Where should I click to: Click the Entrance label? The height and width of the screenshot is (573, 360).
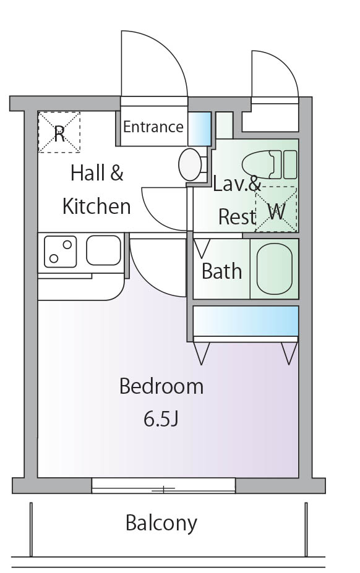pyautogui.click(x=153, y=127)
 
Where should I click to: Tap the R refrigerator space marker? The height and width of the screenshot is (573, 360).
pyautogui.click(x=59, y=132)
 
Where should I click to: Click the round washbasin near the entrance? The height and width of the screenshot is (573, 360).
pyautogui.click(x=189, y=164)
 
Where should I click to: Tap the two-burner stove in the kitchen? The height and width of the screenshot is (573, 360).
pyautogui.click(x=60, y=251)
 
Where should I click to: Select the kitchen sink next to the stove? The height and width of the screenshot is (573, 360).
pyautogui.click(x=103, y=250)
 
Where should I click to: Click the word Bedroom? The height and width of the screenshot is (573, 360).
pyautogui.click(x=161, y=386)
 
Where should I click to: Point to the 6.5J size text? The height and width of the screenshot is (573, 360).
pyautogui.click(x=161, y=419)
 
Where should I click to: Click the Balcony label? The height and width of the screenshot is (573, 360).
pyautogui.click(x=161, y=523)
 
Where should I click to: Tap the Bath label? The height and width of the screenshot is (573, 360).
pyautogui.click(x=221, y=271)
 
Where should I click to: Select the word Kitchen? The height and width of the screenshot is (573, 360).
pyautogui.click(x=96, y=206)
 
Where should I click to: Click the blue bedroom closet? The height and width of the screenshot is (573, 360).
pyautogui.click(x=246, y=321)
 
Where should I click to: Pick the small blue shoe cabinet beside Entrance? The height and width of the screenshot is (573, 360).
pyautogui.click(x=199, y=127)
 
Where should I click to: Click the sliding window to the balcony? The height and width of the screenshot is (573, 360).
pyautogui.click(x=163, y=486)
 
